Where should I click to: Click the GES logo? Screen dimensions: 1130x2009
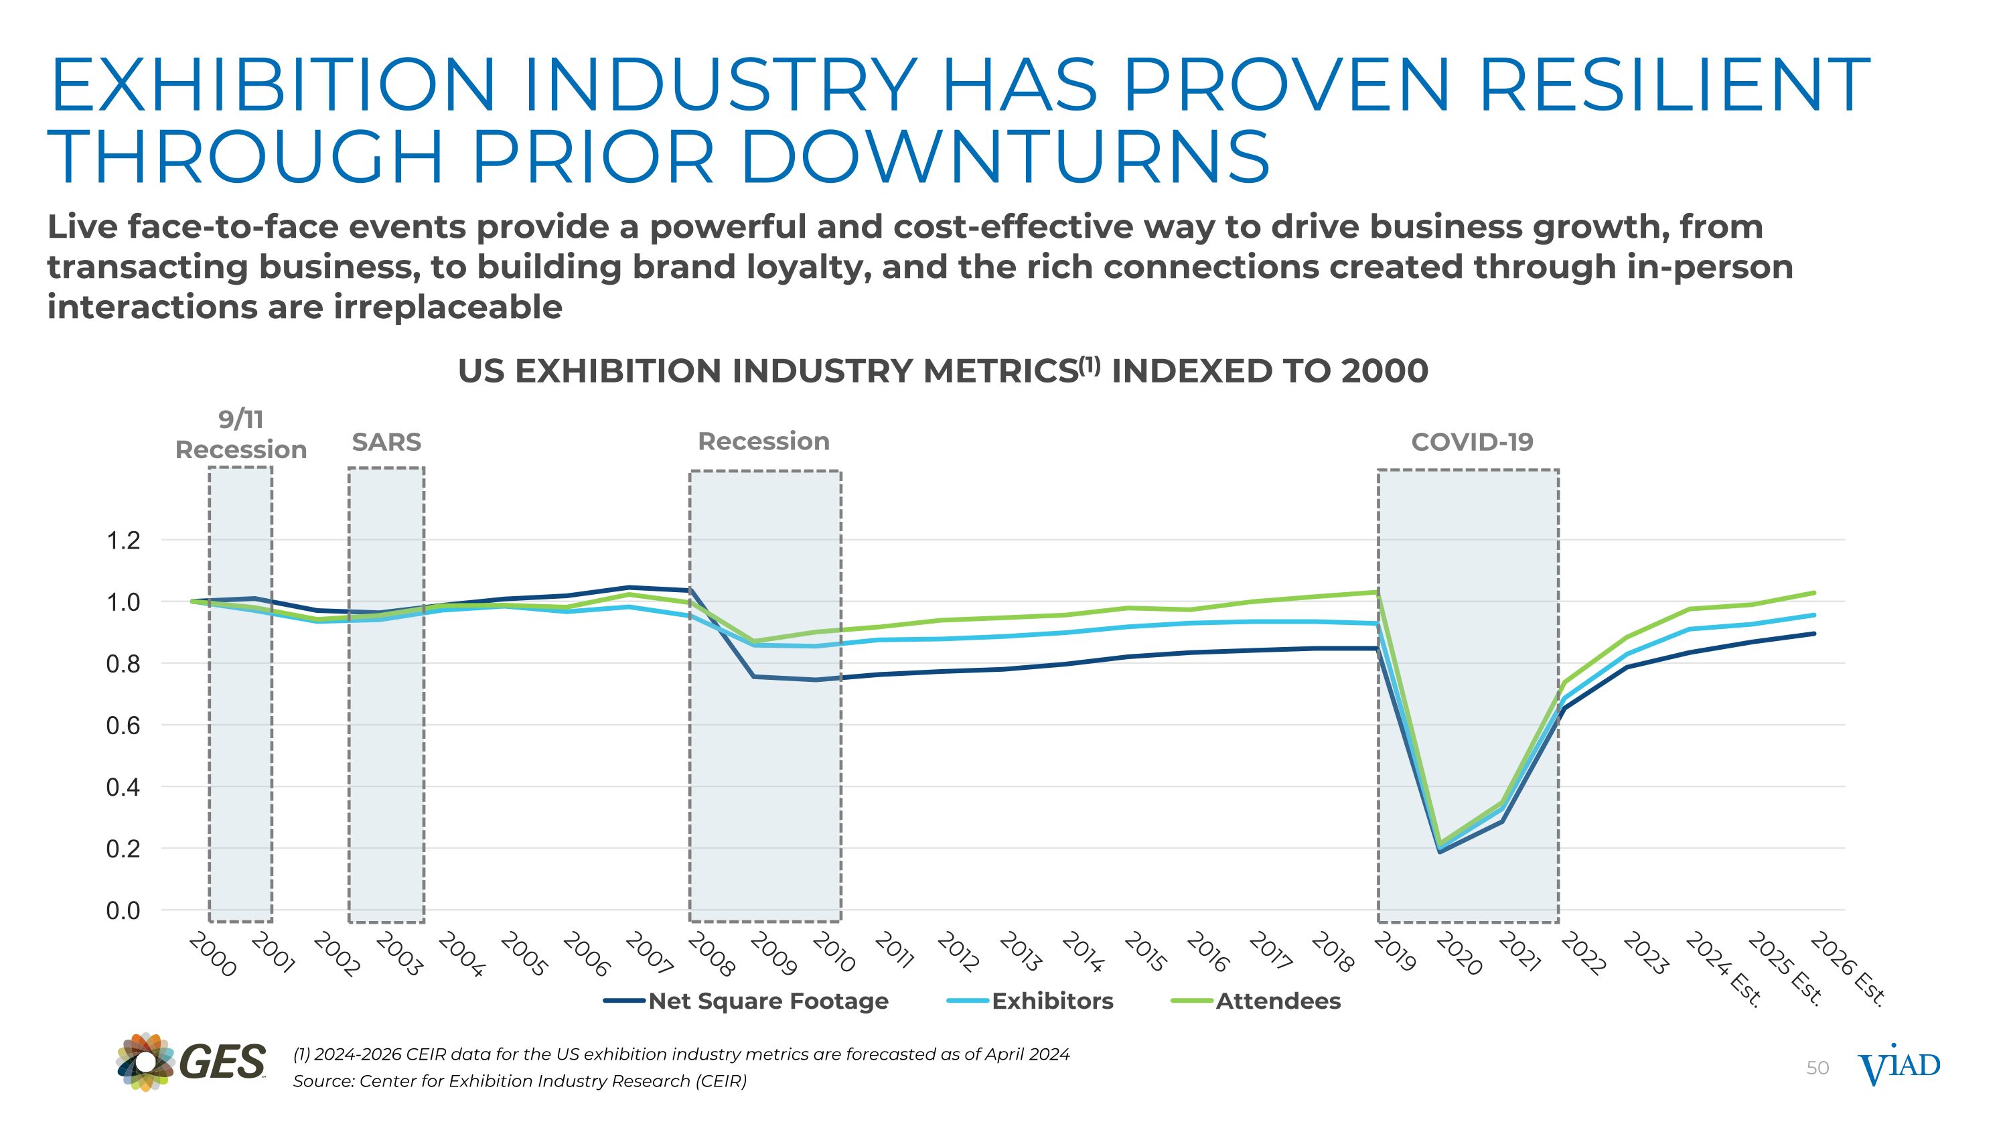pos(191,1062)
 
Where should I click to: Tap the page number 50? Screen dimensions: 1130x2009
pos(1817,1068)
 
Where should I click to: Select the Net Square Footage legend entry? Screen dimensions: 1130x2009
pos(767,1001)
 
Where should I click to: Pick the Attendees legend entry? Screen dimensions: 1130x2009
pos(1278,1001)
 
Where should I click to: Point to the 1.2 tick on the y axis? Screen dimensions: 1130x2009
pos(123,540)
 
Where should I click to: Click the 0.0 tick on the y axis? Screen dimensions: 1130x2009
pos(123,910)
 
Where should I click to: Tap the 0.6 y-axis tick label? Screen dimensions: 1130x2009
pos(123,725)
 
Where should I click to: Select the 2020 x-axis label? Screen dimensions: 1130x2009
pos(1459,955)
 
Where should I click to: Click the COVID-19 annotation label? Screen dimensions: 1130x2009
pos(1472,442)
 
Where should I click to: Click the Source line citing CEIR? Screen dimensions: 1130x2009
pos(520,1081)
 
